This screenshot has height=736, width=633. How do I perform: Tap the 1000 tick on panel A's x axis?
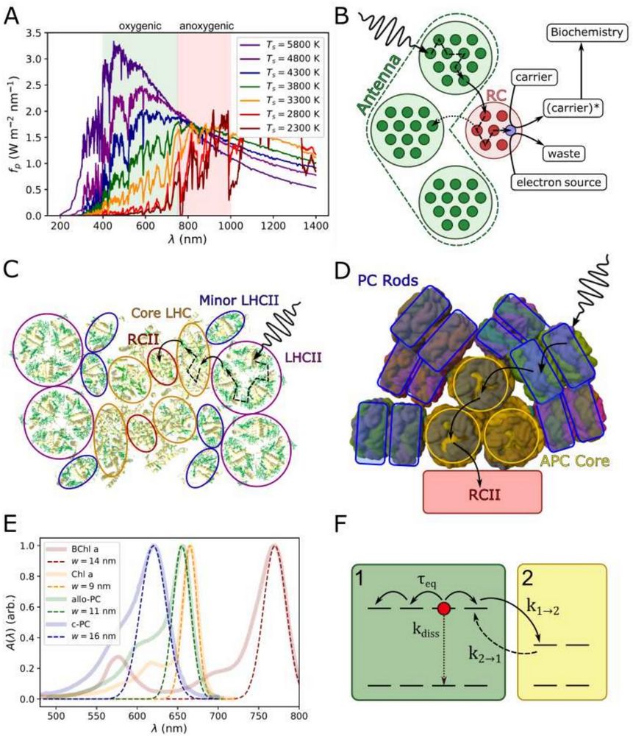(x=230, y=227)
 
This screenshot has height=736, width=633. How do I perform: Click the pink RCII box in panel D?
(x=482, y=491)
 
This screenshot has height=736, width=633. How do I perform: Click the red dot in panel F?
(x=443, y=609)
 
